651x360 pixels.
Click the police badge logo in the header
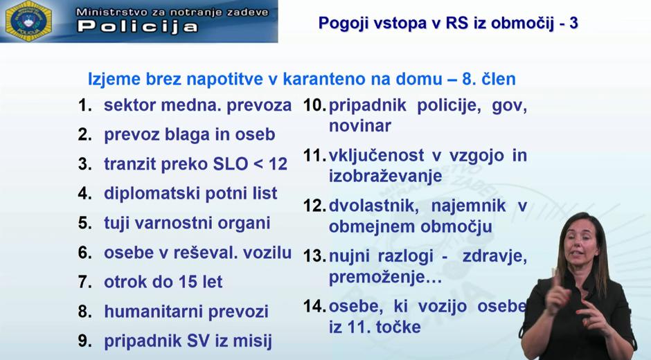pos(28,21)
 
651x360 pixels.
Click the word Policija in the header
pos(137,27)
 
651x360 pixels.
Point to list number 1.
pos(85,106)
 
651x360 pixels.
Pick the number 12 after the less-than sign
pos(276,164)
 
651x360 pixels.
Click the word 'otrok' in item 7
pos(125,282)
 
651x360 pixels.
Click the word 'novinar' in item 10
pos(359,126)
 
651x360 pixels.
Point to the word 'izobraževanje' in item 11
pos(385,177)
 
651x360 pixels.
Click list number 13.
pos(314,256)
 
